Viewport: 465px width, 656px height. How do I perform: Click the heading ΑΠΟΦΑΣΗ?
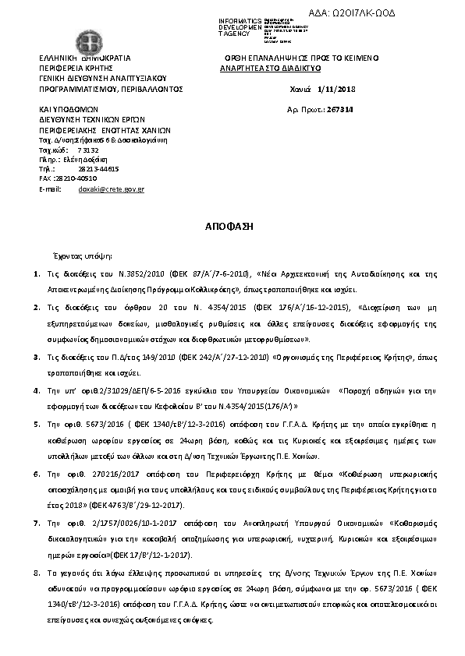click(x=232, y=225)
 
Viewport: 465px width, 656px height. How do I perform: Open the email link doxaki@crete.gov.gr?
click(x=111, y=189)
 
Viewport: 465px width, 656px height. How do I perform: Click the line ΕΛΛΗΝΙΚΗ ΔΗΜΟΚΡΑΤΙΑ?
click(x=85, y=58)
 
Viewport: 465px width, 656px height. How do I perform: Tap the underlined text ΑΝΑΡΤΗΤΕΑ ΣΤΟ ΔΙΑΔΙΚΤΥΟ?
click(x=270, y=68)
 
